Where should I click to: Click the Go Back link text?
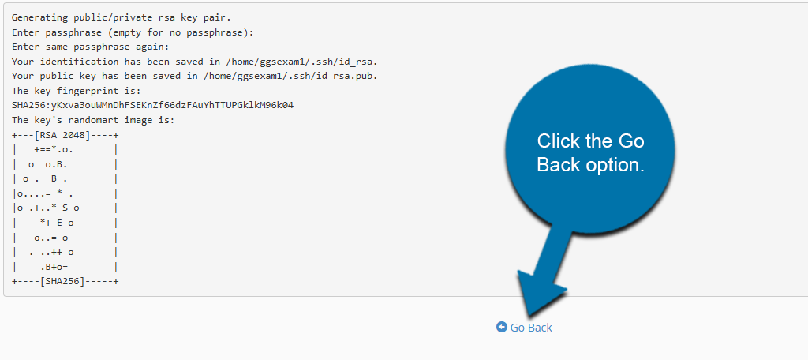531,328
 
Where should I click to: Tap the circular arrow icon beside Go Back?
501,327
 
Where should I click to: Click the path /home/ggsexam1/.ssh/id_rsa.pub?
289,76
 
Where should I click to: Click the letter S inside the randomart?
65,208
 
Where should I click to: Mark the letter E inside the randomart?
59,223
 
